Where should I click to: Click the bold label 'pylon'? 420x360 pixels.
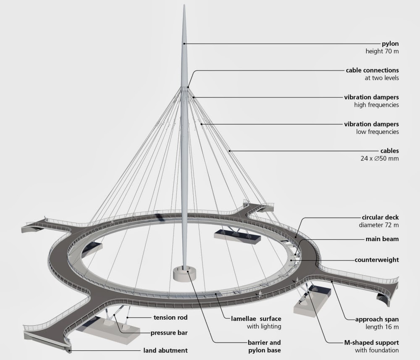(x=390, y=44)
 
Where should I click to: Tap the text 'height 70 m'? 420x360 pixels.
(x=382, y=51)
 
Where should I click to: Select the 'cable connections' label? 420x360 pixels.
(x=372, y=70)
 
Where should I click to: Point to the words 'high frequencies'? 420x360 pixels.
(x=376, y=105)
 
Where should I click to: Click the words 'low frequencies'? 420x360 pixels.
(x=377, y=131)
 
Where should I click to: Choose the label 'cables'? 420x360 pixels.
(x=389, y=151)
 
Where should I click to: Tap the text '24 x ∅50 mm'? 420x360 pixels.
(x=382, y=158)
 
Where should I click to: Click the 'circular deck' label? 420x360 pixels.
(x=380, y=218)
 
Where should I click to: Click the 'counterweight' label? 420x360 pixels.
(x=377, y=260)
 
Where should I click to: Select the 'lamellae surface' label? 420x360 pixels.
(x=256, y=319)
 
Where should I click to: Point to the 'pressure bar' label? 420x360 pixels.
(x=169, y=333)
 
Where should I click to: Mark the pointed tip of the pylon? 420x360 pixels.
(x=184, y=6)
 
